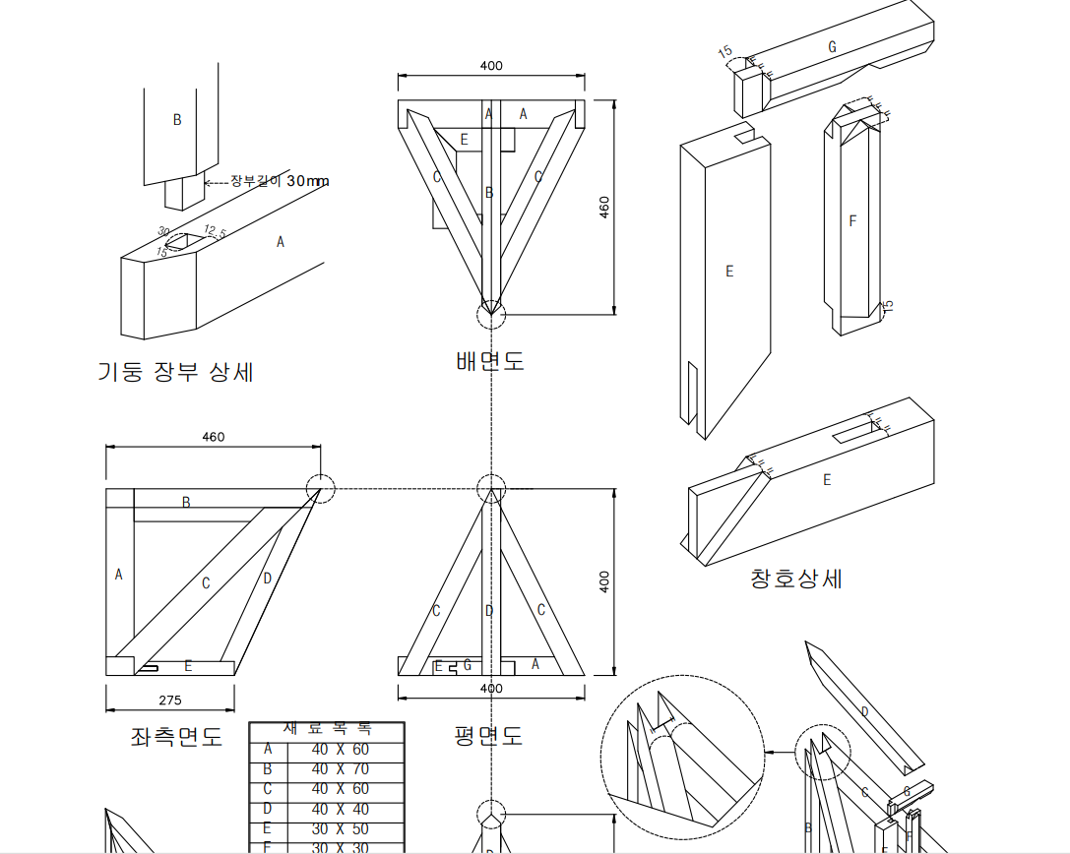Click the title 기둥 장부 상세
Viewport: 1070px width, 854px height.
[x=175, y=372]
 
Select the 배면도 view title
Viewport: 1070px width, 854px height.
[x=490, y=361]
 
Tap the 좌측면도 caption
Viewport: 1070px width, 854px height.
[x=176, y=736]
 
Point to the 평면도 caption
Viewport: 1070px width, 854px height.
[x=488, y=735]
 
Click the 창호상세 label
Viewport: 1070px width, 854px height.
[x=796, y=579]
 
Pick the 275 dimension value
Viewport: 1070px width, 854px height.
[x=168, y=701]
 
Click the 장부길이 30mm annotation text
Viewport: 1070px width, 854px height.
[x=280, y=181]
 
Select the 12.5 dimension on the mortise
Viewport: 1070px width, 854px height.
[x=215, y=231]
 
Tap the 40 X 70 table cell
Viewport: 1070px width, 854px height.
[x=340, y=769]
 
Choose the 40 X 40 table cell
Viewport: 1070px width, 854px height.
[x=340, y=810]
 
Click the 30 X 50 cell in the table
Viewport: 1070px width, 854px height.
[x=340, y=829]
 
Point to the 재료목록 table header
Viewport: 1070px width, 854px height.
[x=327, y=730]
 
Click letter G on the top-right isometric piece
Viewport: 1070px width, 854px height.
[x=832, y=46]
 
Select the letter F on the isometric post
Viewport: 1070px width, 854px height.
[x=852, y=221]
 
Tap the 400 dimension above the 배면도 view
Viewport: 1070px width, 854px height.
[x=491, y=66]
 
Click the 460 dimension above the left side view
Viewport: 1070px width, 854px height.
[x=213, y=438]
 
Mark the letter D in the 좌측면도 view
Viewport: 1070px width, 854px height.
[x=267, y=579]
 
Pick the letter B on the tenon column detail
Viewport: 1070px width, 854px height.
[x=177, y=120]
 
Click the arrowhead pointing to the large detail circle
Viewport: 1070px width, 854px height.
[x=770, y=752]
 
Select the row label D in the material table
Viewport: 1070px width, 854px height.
[x=267, y=810]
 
